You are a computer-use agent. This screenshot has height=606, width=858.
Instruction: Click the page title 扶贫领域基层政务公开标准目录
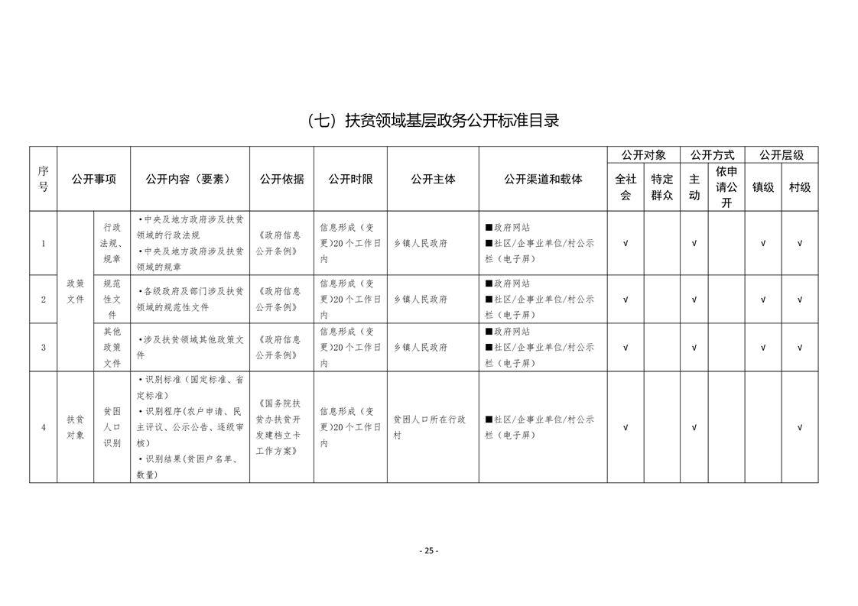click(x=432, y=121)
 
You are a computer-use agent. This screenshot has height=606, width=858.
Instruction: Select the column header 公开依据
click(x=281, y=179)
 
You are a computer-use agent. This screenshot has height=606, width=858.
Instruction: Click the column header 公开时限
click(x=350, y=179)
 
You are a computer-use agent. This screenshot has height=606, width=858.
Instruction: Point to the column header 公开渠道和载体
click(x=543, y=179)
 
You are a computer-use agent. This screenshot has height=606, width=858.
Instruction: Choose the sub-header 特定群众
click(x=661, y=187)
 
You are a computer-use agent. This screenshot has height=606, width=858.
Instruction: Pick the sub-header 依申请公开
click(x=726, y=187)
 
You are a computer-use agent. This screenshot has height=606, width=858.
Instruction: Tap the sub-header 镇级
click(x=763, y=187)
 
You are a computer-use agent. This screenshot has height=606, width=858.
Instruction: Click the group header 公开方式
click(x=712, y=154)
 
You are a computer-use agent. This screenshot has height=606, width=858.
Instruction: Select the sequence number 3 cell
click(x=44, y=348)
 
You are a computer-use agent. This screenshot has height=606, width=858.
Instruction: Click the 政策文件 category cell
click(x=75, y=291)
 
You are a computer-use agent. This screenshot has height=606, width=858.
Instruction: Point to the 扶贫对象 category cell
click(x=75, y=427)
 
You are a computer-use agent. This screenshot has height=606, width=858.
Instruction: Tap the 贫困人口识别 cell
click(x=112, y=427)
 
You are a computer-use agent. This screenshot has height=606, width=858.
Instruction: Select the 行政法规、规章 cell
click(x=112, y=243)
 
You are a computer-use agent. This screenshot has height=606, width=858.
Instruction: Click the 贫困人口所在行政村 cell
click(x=432, y=427)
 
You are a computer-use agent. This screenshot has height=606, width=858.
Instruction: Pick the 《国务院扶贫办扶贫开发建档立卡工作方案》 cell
click(x=281, y=427)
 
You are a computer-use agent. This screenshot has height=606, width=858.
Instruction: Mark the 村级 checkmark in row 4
click(x=800, y=427)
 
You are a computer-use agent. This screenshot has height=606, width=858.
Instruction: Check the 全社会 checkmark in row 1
click(x=626, y=244)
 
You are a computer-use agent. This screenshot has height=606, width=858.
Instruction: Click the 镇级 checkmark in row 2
click(x=763, y=300)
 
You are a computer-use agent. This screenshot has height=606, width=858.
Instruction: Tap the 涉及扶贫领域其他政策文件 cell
click(x=190, y=348)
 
